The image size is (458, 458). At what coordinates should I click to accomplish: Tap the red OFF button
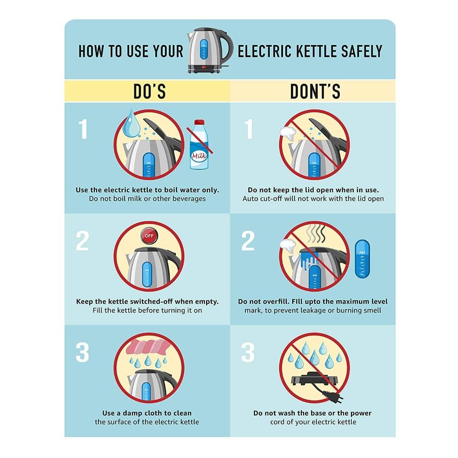click(x=149, y=236)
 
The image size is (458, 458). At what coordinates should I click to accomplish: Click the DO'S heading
click(x=150, y=91)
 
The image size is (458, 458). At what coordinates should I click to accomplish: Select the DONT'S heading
click(x=315, y=91)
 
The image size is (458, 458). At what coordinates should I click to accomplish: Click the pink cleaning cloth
click(x=148, y=347)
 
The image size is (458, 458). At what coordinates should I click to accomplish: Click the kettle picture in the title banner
click(x=210, y=50)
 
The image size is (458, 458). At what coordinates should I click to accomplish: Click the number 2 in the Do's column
click(x=82, y=241)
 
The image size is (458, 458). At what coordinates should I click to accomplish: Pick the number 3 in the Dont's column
click(x=248, y=352)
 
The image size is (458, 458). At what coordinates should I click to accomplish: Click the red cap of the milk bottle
click(x=199, y=122)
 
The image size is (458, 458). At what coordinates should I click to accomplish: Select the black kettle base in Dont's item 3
click(x=315, y=379)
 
